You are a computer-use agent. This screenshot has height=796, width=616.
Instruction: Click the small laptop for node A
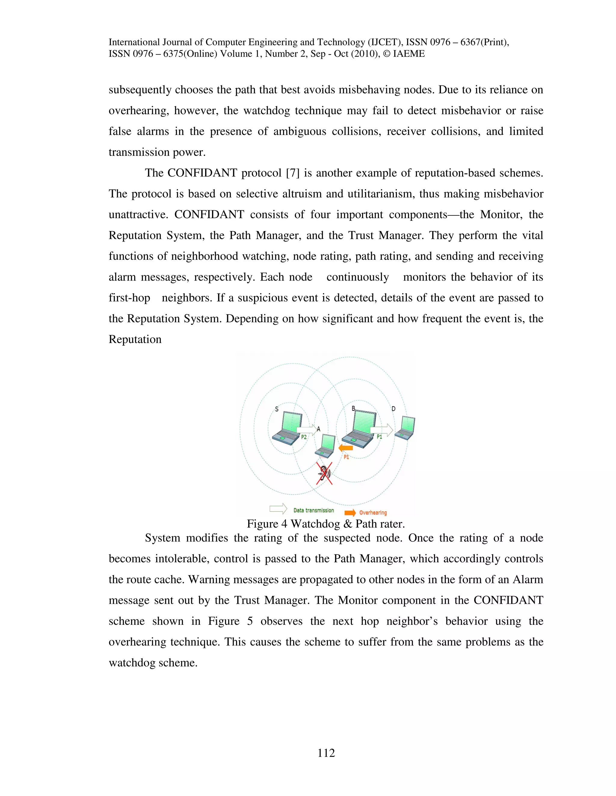click(x=326, y=446)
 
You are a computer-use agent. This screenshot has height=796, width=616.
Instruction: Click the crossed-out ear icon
click(x=324, y=473)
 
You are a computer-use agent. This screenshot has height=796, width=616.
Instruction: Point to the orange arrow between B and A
click(x=345, y=448)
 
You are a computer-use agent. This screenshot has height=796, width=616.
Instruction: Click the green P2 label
click(x=303, y=437)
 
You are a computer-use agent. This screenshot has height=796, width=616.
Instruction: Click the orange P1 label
click(x=346, y=457)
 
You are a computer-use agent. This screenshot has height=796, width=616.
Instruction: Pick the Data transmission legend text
click(x=313, y=510)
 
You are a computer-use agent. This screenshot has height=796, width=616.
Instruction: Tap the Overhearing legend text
click(x=373, y=512)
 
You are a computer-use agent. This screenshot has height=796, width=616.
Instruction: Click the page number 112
click(x=326, y=753)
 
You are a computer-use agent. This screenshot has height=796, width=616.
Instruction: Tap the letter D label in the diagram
click(x=393, y=409)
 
